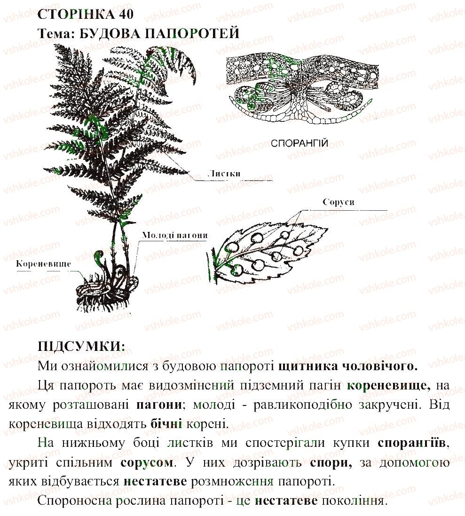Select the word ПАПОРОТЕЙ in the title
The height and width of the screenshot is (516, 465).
192,33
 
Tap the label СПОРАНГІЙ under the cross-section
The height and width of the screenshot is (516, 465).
299,143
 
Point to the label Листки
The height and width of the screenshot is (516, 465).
224,174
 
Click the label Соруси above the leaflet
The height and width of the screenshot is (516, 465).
339,202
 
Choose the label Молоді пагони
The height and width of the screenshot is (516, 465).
174,235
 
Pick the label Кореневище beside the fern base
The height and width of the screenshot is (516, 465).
43,263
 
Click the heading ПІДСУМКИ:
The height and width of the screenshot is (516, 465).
81,347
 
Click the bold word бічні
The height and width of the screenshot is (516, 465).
166,424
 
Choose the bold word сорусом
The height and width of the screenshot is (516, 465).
147,462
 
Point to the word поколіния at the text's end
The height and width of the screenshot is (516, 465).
353,501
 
